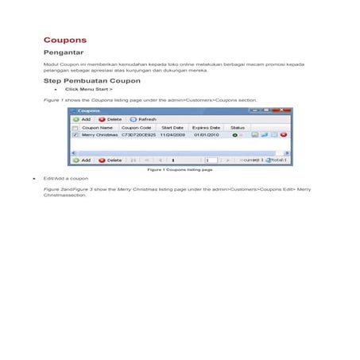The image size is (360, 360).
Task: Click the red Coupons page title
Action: click(64, 39)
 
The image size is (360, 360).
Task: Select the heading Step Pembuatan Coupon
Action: click(91, 81)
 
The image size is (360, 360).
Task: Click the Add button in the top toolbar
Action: click(82, 118)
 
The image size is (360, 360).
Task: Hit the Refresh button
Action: click(143, 118)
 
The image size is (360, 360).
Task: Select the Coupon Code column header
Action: click(136, 127)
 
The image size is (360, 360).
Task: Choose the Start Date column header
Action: click(172, 127)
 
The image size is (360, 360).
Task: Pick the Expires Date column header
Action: click(206, 127)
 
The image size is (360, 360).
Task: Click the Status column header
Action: click(238, 127)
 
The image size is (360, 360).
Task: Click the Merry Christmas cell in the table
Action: click(99, 135)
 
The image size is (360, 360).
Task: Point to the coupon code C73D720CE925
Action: click(138, 135)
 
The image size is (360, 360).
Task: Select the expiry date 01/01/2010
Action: click(206, 135)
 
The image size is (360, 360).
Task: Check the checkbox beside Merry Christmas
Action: click(75, 135)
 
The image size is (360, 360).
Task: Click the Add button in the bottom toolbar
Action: click(82, 160)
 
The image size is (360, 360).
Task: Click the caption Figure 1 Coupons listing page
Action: click(180, 170)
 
